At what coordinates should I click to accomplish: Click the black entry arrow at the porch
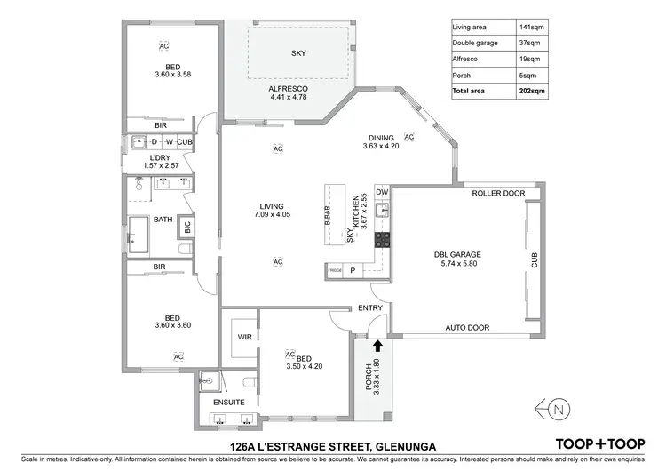377,346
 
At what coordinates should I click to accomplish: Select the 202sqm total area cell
530,92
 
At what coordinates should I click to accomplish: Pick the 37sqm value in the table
530,43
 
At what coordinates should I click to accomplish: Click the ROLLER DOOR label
498,193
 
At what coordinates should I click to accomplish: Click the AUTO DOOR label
467,328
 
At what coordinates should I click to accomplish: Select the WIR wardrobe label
245,338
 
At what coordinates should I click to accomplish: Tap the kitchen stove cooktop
382,239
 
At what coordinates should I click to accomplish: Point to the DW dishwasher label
382,193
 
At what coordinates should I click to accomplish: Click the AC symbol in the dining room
409,137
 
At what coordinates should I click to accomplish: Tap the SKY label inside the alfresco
298,53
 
